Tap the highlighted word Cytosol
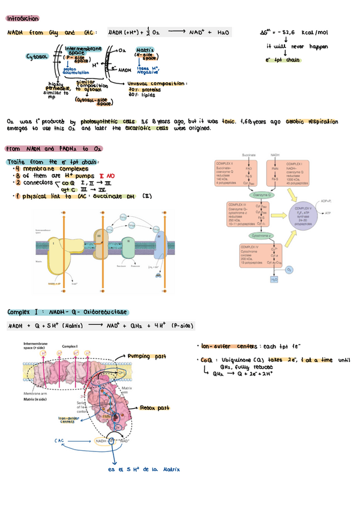37,57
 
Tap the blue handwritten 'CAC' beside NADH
59,441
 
